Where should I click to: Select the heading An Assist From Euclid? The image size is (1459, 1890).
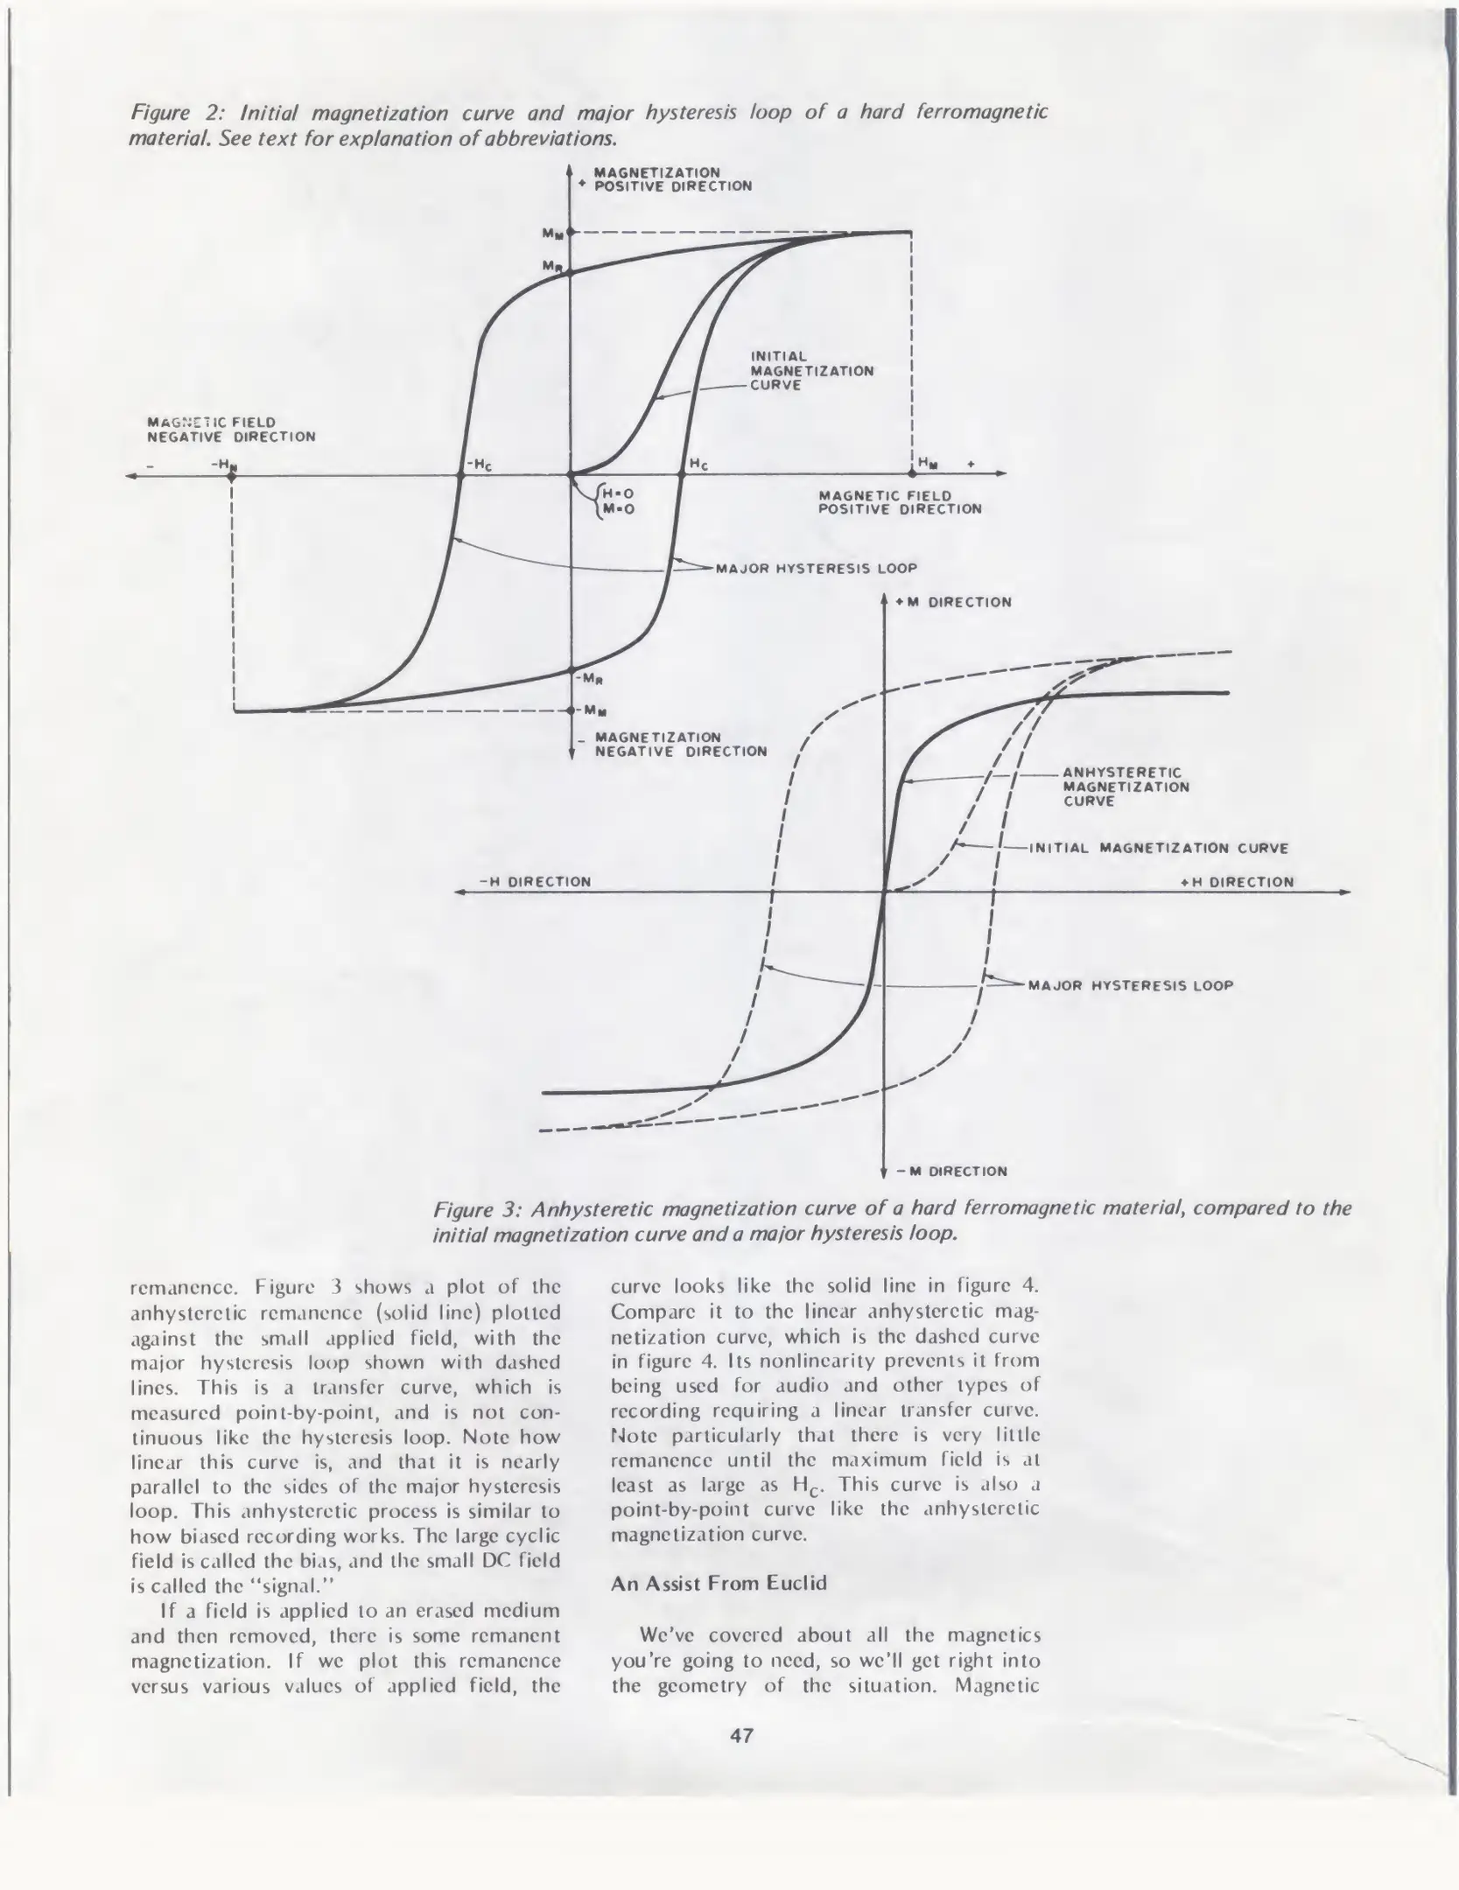pos(719,1582)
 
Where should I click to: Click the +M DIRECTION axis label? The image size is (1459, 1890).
pos(953,602)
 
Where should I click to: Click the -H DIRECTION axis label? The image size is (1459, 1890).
pos(535,881)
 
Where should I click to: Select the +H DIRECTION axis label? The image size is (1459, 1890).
pos(1237,882)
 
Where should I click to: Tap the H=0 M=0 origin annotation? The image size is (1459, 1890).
pos(617,500)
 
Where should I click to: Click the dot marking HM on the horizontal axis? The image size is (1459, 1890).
pos(912,473)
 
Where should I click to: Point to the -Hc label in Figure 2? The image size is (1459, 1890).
pos(478,464)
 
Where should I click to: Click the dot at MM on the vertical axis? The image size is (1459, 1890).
pos(570,233)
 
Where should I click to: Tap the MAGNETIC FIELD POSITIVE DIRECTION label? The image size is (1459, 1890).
pos(900,502)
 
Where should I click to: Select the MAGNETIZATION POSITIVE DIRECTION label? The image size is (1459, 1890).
pos(672,179)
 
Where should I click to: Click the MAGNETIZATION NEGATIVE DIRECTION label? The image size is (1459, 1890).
pos(680,744)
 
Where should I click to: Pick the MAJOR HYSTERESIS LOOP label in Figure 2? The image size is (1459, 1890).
pos(816,569)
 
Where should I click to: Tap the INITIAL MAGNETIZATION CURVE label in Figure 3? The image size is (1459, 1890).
pos(1158,847)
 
